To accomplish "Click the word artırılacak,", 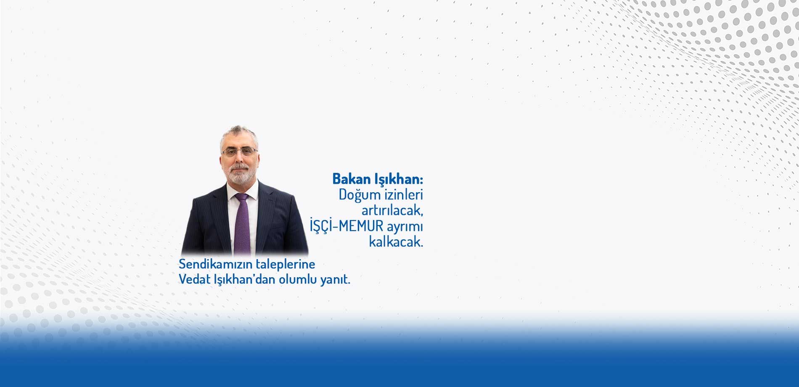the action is click(x=392, y=210).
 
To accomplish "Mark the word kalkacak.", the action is click(x=396, y=241).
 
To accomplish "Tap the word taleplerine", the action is click(x=286, y=265).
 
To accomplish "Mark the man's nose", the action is click(x=239, y=158).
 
